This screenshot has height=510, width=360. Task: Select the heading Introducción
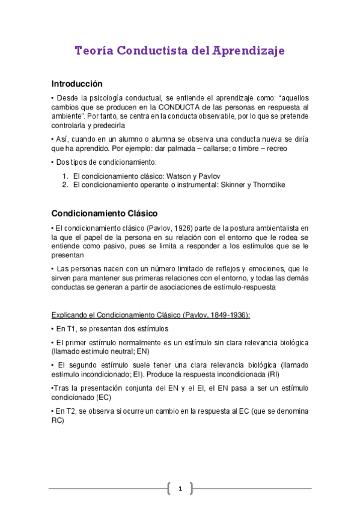click(77, 84)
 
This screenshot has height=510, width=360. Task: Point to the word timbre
click(240, 148)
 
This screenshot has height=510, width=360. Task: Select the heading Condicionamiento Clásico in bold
click(105, 214)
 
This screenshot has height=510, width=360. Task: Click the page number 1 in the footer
click(180, 488)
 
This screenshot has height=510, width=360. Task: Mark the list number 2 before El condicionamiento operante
click(66, 185)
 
